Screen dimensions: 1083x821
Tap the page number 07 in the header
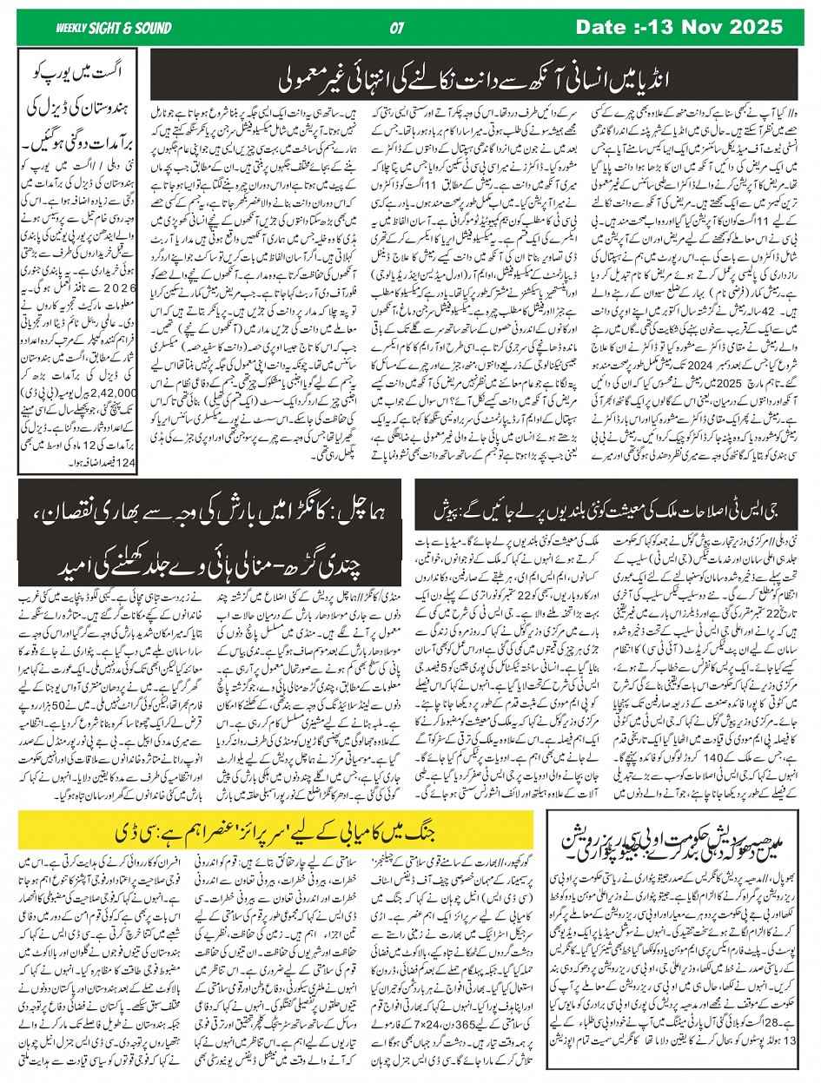tap(399, 28)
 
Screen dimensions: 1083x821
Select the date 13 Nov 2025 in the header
tap(692, 27)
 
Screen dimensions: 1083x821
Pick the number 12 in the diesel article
tap(89, 445)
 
